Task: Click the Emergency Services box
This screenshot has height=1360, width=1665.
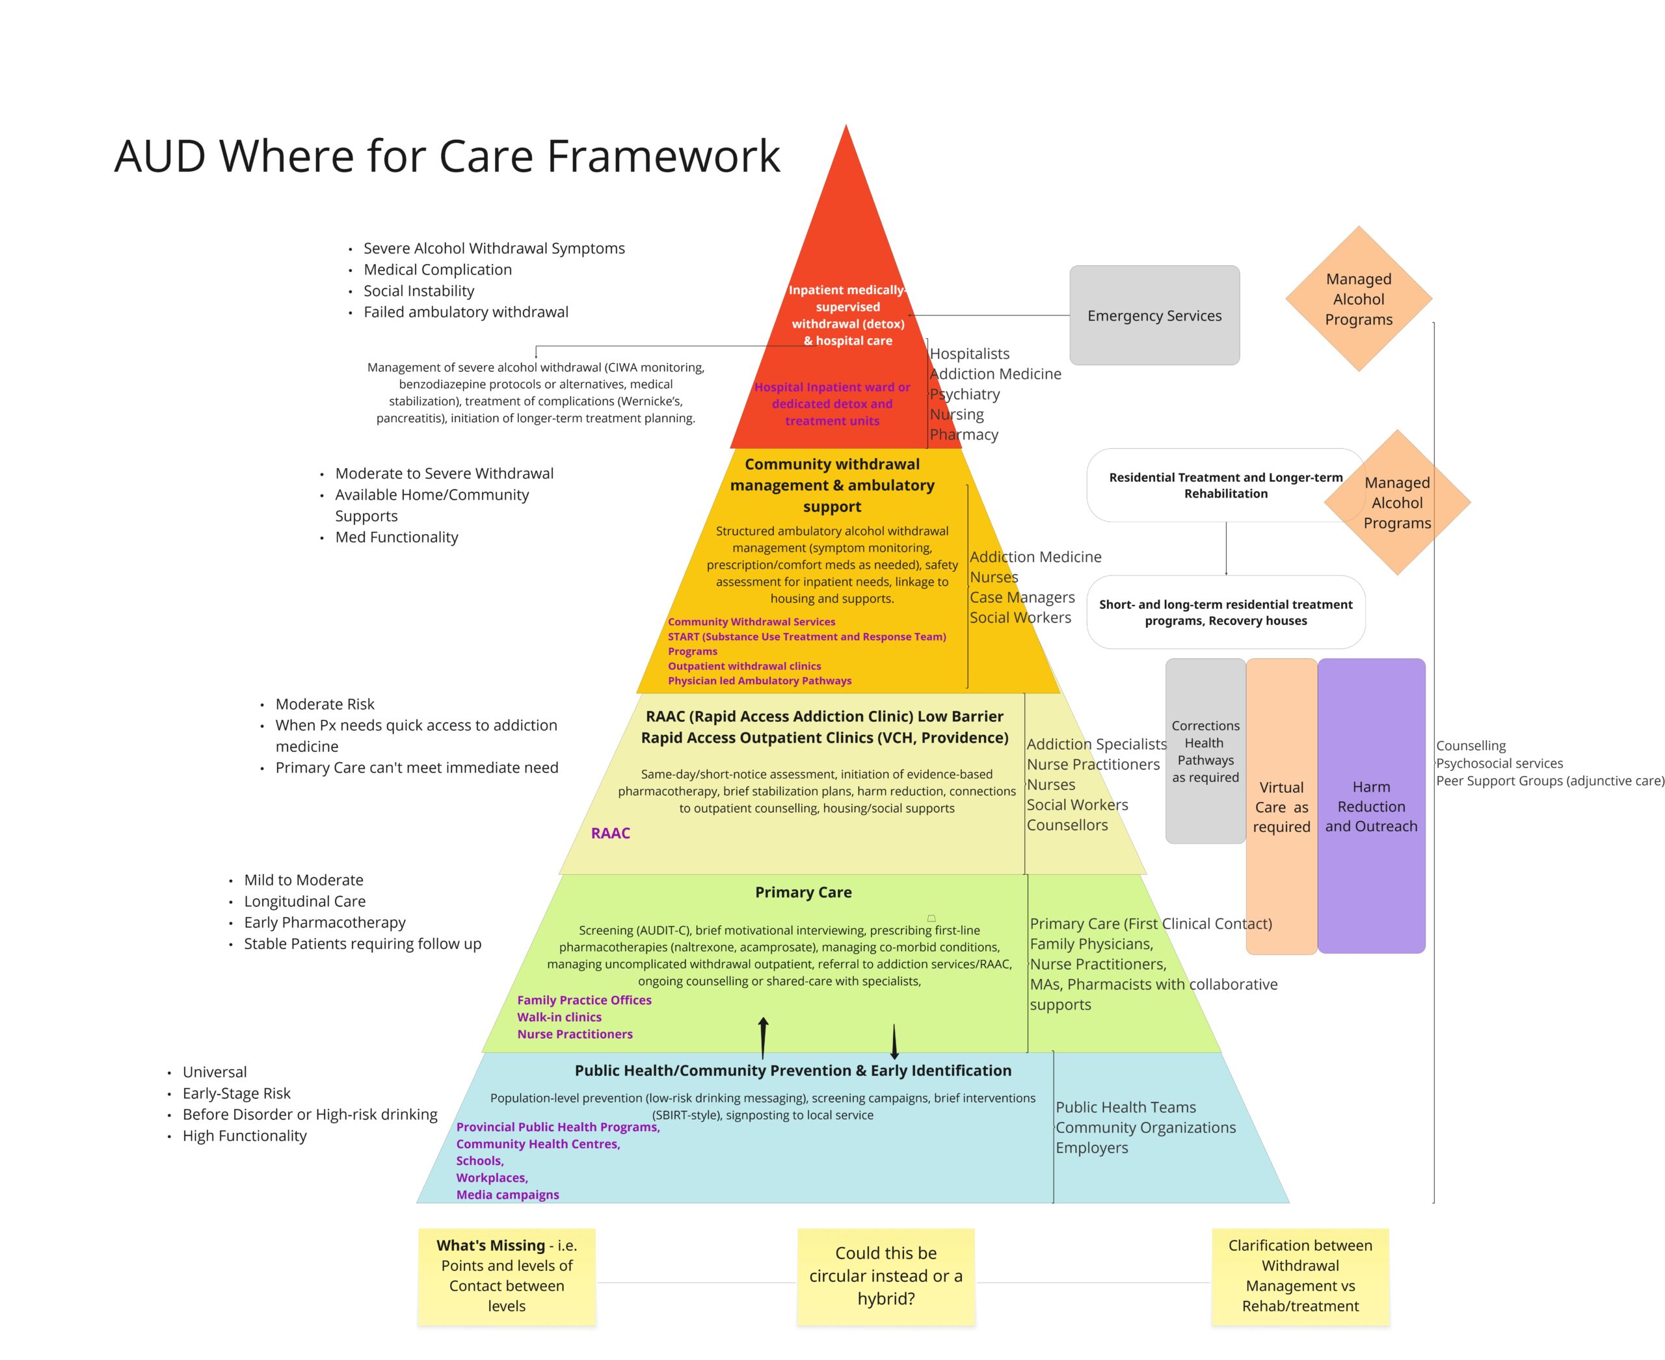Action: [1154, 315]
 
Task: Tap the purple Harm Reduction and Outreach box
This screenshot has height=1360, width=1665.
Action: [1370, 806]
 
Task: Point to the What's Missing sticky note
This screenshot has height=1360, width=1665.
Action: [506, 1275]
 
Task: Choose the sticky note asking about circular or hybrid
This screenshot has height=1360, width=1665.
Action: [885, 1275]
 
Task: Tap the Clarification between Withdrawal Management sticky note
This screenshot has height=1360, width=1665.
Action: [1300, 1275]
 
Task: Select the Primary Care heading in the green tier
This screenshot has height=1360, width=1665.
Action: [803, 892]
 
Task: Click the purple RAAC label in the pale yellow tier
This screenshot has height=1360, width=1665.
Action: [610, 833]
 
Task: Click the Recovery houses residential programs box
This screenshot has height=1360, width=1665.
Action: [1225, 612]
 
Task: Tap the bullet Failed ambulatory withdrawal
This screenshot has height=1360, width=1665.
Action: [466, 312]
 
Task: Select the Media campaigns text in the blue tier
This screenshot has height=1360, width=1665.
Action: [508, 1194]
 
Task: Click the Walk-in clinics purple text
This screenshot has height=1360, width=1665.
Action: [559, 1017]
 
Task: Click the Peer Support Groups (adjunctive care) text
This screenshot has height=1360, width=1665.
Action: [1550, 780]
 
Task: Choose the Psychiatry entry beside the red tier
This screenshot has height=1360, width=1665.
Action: [965, 394]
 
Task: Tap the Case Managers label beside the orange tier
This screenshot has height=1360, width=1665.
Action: [1022, 597]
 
